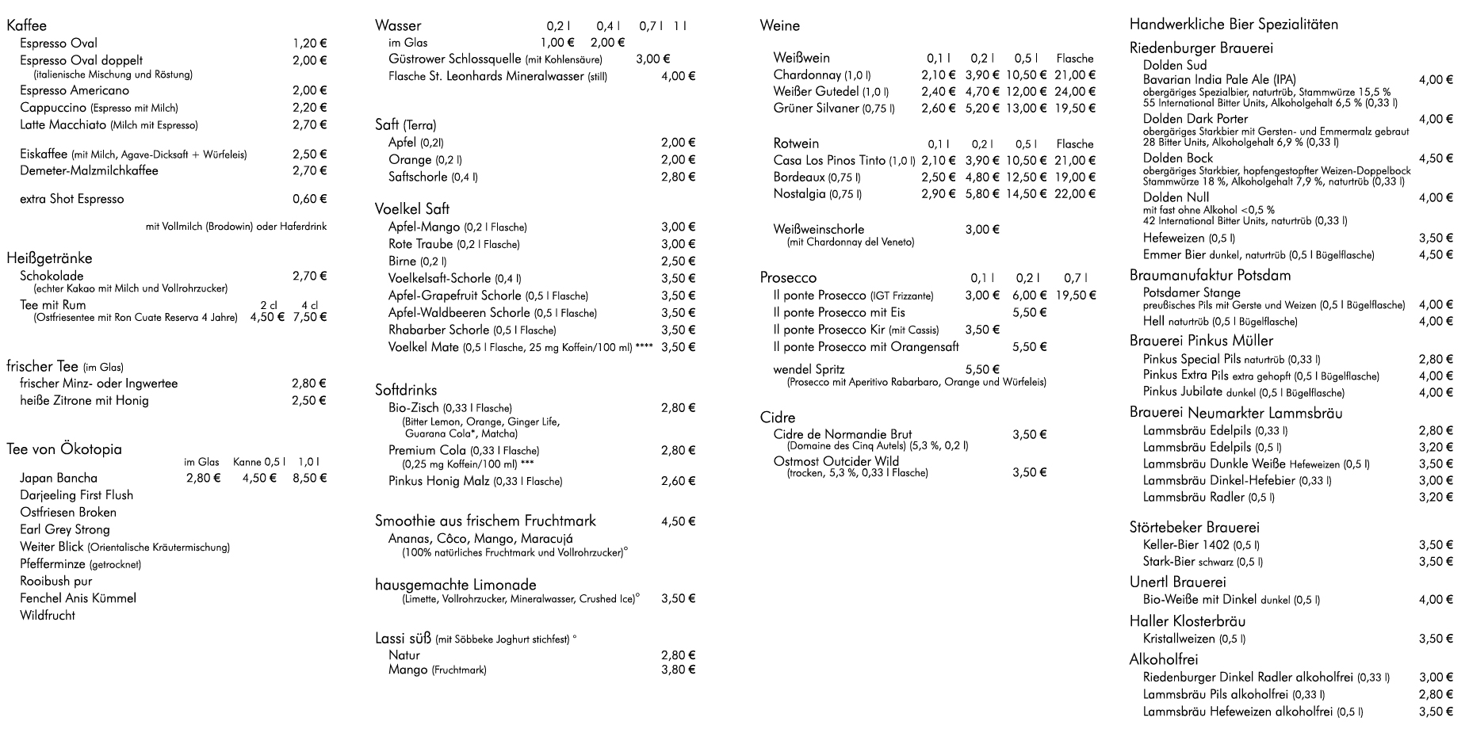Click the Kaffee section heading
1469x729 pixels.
tap(26, 26)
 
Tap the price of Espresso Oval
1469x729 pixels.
tap(309, 44)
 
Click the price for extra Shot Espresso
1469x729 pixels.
tap(309, 200)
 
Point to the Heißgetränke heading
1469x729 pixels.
tap(49, 258)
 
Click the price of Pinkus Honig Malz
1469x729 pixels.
tap(678, 481)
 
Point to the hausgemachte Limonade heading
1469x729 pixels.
tap(456, 585)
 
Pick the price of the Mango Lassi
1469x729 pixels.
tap(678, 670)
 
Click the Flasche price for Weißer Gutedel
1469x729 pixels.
tap(1075, 91)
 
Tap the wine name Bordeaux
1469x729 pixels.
tap(799, 177)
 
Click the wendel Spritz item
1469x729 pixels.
tap(809, 369)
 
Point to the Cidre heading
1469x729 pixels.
tap(777, 418)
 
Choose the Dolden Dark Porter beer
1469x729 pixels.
tap(1195, 119)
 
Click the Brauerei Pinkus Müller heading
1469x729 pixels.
tap(1201, 341)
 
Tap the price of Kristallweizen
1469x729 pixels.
tap(1436, 639)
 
